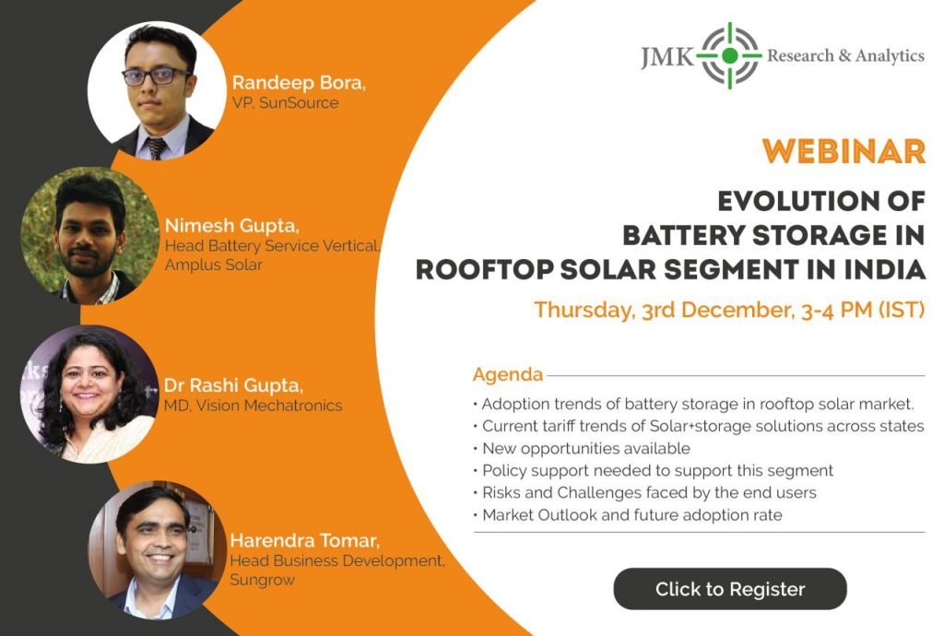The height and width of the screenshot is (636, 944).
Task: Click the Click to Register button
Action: (x=730, y=588)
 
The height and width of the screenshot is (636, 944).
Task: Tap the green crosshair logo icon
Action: (x=730, y=56)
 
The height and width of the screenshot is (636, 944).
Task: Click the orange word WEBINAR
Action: (x=844, y=151)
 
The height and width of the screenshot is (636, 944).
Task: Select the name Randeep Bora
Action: (x=299, y=82)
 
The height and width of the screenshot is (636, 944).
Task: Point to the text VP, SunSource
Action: (x=286, y=102)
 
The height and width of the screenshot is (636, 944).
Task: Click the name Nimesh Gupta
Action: (x=231, y=226)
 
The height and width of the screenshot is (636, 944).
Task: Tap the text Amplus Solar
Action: (x=214, y=265)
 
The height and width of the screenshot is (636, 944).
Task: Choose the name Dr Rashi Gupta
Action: (x=233, y=385)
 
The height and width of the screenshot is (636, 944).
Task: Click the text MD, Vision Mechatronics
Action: (x=253, y=406)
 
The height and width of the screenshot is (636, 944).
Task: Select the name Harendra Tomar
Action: (x=304, y=540)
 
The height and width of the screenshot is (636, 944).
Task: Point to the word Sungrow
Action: (x=262, y=580)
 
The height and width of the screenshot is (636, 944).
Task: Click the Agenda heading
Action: (x=508, y=374)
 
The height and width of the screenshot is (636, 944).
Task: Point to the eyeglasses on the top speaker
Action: (x=156, y=76)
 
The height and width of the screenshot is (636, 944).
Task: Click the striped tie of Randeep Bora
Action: (x=157, y=147)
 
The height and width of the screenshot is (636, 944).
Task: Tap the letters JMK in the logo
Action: (x=667, y=57)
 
